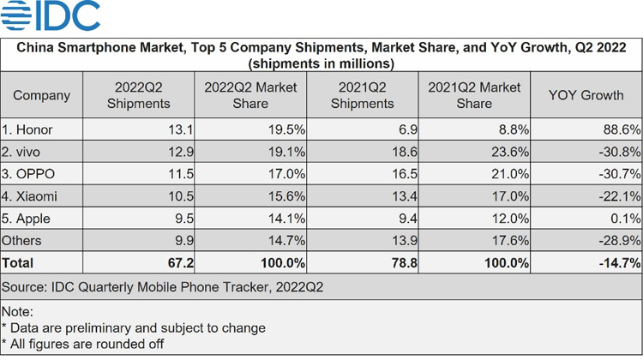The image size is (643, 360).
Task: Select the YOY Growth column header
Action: [586, 95]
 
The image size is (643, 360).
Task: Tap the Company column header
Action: [42, 95]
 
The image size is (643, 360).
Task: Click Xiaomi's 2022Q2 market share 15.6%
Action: [285, 196]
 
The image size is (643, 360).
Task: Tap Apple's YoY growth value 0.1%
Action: [623, 219]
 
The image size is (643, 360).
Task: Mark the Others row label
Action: [22, 241]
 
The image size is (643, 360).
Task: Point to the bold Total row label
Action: [20, 263]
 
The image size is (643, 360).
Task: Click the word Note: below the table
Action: [18, 310]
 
